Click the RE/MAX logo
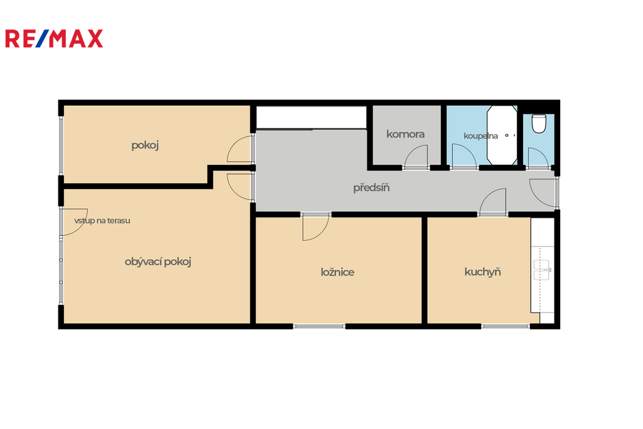[x=54, y=38]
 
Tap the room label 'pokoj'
[x=145, y=145]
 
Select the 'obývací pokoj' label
[x=158, y=262]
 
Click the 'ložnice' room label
[x=337, y=272]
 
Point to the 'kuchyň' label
[x=483, y=272]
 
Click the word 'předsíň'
[x=371, y=188]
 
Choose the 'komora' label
[x=405, y=134]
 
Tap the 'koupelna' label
[x=480, y=136]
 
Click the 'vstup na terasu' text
[x=102, y=221]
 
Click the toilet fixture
[x=538, y=124]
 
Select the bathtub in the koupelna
[x=502, y=135]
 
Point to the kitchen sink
[x=541, y=270]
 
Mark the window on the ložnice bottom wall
[x=319, y=326]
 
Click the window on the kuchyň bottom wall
[x=505, y=326]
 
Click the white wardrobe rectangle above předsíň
[x=311, y=118]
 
